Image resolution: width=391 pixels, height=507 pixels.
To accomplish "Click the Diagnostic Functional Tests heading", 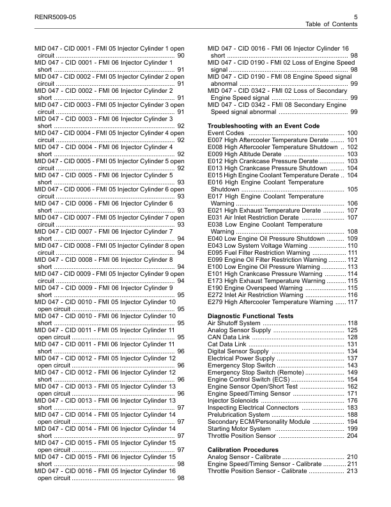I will point(251,316).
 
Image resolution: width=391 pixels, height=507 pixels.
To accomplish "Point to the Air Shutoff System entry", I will point(234,323).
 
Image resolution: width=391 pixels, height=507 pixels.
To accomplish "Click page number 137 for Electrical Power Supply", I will point(351,359).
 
